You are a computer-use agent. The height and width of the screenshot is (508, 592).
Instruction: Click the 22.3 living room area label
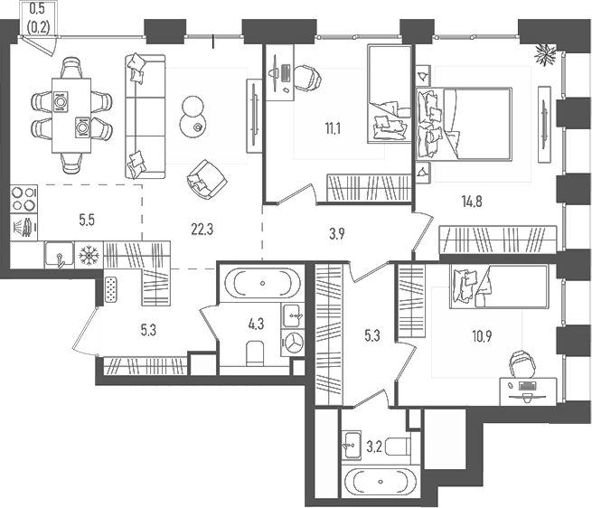[202, 230]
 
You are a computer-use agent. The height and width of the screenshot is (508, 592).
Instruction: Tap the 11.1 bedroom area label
[333, 128]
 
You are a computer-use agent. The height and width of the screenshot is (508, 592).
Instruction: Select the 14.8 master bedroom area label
[472, 202]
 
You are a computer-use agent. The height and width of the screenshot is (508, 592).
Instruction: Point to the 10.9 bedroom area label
[482, 335]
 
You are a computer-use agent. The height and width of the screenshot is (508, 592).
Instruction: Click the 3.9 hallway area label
[336, 234]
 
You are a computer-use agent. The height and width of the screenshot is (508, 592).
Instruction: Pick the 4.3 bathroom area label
[256, 324]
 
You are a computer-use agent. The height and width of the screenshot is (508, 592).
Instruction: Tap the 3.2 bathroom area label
[374, 447]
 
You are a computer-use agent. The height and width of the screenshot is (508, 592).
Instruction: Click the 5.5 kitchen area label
[87, 220]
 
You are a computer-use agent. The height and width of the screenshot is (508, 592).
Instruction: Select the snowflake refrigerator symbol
[89, 255]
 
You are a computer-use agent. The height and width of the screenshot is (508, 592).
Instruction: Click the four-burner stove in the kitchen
[23, 199]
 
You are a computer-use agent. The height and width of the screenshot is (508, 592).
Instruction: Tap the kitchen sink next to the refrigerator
[60, 254]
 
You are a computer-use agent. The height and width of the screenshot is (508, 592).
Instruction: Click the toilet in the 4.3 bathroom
[255, 353]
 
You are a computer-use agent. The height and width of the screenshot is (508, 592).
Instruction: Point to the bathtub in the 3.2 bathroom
[381, 483]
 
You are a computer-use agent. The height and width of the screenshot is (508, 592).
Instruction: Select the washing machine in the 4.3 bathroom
[293, 343]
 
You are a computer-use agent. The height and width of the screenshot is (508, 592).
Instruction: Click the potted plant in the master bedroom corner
[545, 54]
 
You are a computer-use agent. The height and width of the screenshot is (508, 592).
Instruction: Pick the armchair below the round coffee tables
[206, 179]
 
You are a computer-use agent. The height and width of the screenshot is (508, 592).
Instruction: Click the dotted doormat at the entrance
[110, 289]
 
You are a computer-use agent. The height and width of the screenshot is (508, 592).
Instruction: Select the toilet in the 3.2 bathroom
[399, 447]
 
